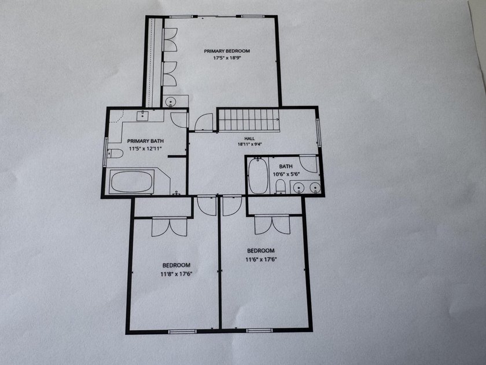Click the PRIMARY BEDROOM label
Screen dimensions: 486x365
227,51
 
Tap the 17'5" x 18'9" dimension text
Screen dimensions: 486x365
227,58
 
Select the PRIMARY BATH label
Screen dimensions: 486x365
145,141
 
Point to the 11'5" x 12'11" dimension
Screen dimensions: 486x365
145,149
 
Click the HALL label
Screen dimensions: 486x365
249,138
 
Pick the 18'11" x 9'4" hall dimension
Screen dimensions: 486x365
250,144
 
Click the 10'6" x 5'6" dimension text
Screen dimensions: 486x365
286,174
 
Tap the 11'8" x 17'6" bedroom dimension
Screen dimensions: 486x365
176,274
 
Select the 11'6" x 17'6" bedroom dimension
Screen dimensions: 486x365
261,260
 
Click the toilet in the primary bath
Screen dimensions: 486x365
115,154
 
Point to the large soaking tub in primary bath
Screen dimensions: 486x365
132,182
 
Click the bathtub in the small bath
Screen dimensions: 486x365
258,176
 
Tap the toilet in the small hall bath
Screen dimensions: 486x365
280,187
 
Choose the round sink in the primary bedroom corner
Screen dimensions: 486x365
170,101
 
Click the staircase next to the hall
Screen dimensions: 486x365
249,119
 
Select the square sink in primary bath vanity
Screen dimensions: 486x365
142,116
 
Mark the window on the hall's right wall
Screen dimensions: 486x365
318,133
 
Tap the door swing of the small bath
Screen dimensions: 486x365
308,164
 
